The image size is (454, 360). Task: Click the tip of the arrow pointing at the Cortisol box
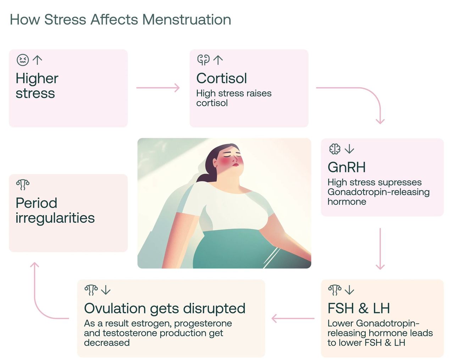(x=179, y=88)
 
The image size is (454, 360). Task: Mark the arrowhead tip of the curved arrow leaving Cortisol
(x=380, y=124)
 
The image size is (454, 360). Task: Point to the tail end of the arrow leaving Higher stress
(x=137, y=88)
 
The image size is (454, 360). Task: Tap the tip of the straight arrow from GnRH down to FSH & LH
(x=380, y=270)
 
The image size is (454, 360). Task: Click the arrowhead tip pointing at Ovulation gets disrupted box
(x=272, y=318)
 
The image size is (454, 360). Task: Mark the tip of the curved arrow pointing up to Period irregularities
(x=34, y=262)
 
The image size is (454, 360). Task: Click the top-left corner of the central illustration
(x=138, y=138)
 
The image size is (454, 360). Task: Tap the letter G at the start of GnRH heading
(x=333, y=167)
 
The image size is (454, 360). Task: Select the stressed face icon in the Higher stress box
(x=23, y=60)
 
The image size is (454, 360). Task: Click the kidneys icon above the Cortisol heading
(x=203, y=60)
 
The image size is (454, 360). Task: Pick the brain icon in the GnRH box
(x=335, y=149)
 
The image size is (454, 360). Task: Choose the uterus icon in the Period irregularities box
(x=23, y=185)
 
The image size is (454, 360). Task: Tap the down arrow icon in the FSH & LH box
(x=349, y=290)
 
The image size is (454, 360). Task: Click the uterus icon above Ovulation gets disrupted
(x=91, y=290)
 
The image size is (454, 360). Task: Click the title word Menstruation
(x=187, y=20)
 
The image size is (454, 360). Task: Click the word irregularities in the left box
(x=55, y=218)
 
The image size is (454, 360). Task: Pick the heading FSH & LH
(x=359, y=308)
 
